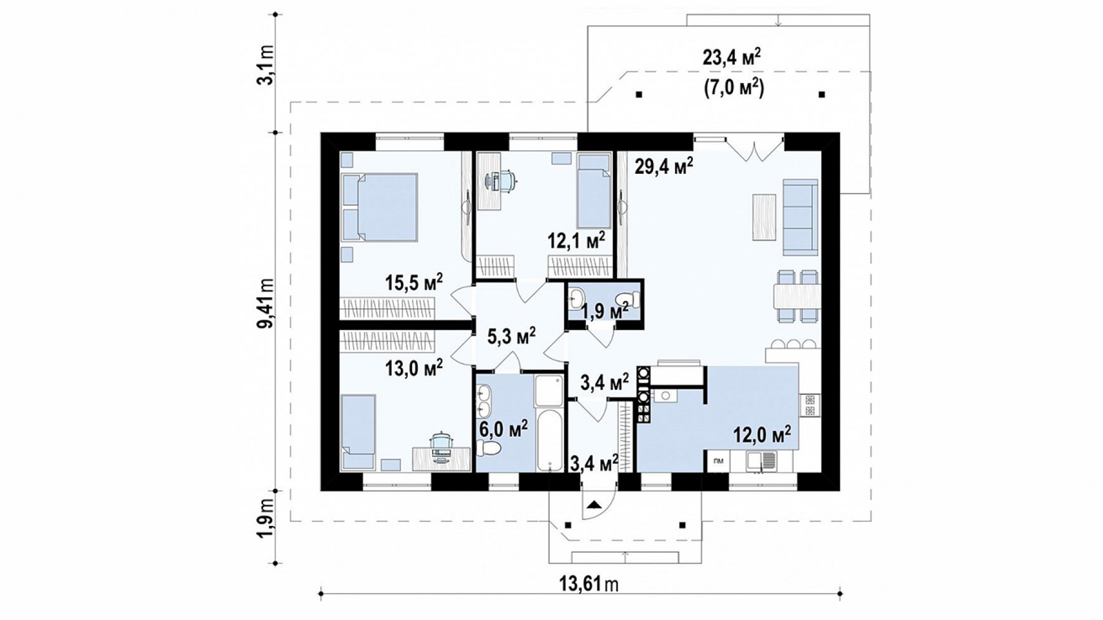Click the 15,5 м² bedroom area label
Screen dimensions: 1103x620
[414, 283]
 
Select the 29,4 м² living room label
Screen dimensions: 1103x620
[664, 166]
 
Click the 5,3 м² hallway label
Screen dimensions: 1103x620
[512, 336]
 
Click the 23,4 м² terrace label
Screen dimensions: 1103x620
[732, 58]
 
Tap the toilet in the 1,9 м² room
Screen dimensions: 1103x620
[627, 300]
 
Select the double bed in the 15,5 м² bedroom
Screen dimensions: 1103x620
[379, 207]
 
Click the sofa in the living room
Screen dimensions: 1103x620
[800, 216]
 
